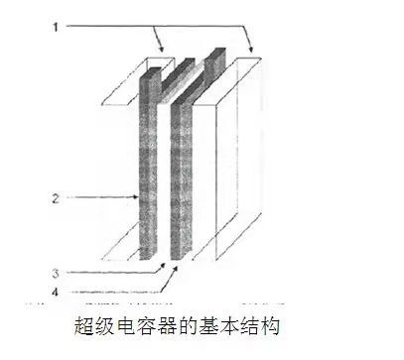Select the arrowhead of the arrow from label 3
158,264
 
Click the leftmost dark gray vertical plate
147,159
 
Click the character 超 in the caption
85,325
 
